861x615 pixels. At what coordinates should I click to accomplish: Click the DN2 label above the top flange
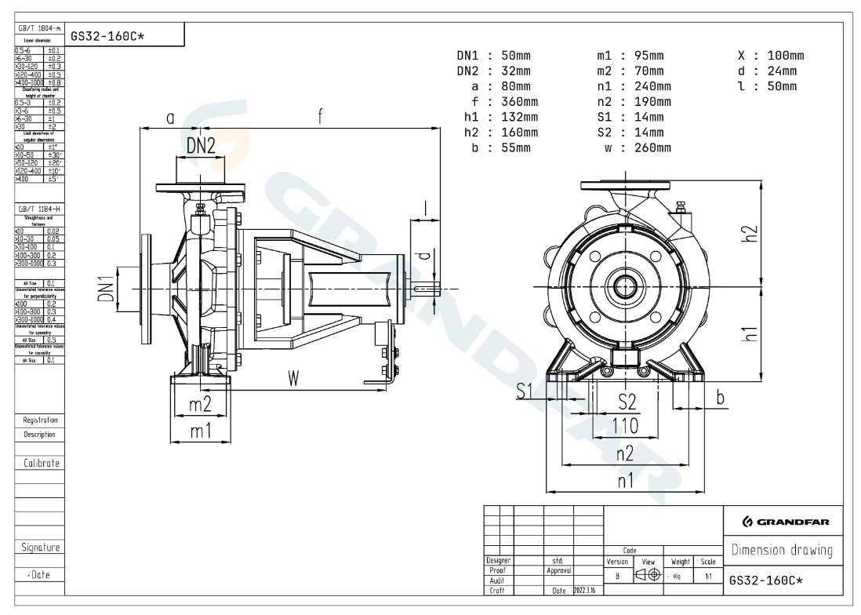(201, 145)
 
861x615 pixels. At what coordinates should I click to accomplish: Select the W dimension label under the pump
(293, 378)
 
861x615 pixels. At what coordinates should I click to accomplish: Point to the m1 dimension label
(201, 431)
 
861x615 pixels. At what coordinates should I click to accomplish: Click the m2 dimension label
(201, 405)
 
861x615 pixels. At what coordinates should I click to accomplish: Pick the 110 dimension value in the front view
(625, 426)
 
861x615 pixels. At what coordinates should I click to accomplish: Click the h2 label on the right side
(750, 233)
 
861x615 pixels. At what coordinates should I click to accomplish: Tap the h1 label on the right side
(750, 333)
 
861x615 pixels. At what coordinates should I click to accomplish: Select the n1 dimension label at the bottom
(625, 481)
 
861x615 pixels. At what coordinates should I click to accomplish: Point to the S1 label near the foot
(525, 390)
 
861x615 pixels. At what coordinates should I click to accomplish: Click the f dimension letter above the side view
(320, 117)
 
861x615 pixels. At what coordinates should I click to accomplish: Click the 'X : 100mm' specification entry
(771, 56)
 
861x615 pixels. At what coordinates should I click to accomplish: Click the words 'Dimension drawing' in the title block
(781, 550)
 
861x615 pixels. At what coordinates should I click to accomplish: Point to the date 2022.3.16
(588, 590)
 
